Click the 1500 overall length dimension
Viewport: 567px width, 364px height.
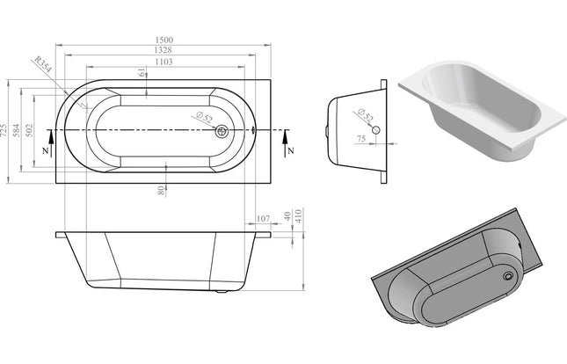tap(164, 40)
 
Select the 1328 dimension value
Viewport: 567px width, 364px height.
tap(164, 52)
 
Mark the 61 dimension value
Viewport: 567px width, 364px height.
tap(142, 74)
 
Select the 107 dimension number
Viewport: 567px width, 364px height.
tap(262, 217)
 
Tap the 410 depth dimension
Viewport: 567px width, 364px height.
tap(300, 217)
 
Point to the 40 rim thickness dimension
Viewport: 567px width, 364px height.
tap(287, 217)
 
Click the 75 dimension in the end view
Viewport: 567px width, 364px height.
tap(361, 138)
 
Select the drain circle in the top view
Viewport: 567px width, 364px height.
tap(222, 132)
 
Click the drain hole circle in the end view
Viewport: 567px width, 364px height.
tap(375, 129)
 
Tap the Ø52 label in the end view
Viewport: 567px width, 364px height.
tap(361, 113)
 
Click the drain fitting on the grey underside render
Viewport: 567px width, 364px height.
tap(507, 274)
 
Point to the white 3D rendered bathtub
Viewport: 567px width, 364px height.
tap(479, 110)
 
